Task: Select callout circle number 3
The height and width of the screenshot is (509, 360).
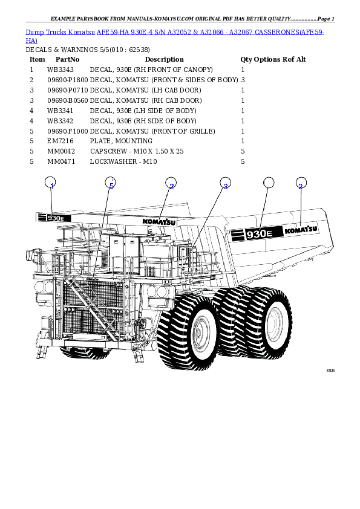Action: [225, 185]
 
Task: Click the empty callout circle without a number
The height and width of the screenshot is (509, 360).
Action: [269, 183]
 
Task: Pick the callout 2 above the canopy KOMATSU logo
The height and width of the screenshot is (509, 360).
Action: [171, 185]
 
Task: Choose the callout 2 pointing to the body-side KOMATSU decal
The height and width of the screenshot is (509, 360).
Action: [301, 185]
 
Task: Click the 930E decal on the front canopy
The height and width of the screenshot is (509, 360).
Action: [54, 218]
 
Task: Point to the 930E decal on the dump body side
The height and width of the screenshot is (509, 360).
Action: [255, 233]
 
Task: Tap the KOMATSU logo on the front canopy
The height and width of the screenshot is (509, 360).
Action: [159, 221]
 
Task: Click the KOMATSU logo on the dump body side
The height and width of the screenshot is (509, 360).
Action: [301, 230]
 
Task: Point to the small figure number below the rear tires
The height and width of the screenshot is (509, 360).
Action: [330, 371]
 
